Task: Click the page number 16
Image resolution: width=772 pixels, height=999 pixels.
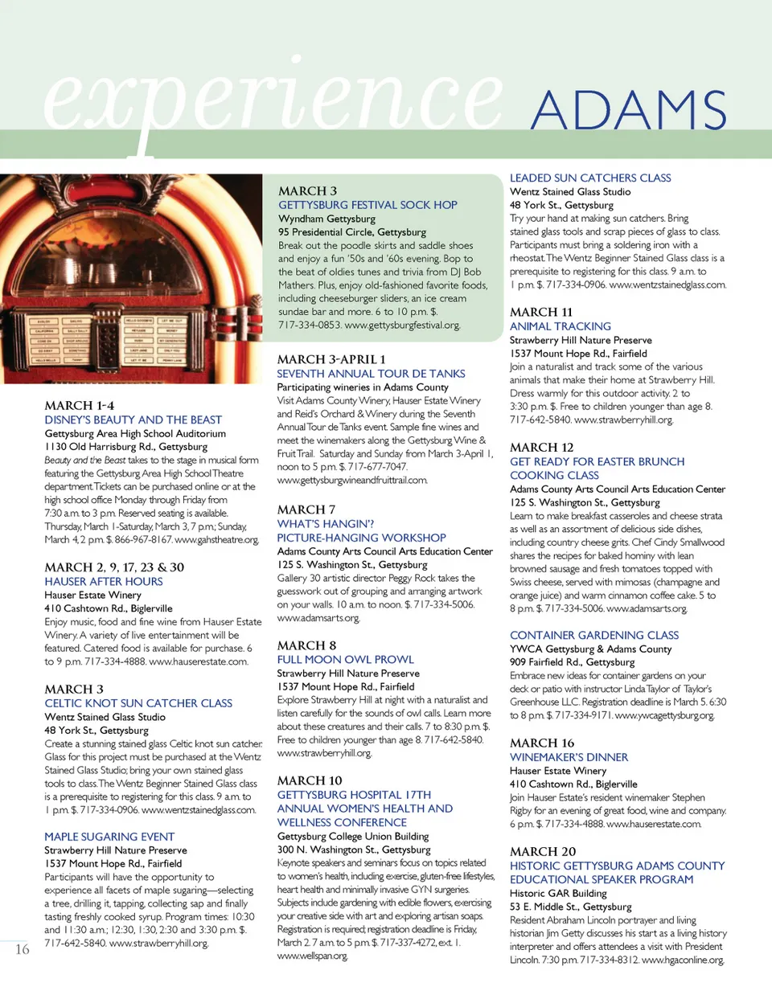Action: click(23, 949)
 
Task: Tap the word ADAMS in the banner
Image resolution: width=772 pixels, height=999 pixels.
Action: click(629, 110)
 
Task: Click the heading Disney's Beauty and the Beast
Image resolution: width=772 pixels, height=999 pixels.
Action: click(133, 420)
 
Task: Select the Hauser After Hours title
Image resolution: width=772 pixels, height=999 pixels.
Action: click(104, 581)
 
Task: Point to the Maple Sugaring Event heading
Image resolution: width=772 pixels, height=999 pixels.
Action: click(109, 837)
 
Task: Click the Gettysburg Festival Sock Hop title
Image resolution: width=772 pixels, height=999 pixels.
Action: click(368, 205)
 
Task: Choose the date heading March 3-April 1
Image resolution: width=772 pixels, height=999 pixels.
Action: click(331, 359)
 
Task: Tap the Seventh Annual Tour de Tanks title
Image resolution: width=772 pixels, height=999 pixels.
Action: click(371, 374)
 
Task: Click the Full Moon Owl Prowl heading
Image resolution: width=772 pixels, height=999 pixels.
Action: click(345, 659)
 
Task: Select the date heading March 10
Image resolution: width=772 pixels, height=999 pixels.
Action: click(310, 780)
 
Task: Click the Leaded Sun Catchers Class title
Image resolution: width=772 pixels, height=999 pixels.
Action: click(590, 178)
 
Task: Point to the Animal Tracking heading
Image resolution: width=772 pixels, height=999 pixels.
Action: click(561, 326)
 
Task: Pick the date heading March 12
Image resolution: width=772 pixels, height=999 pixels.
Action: click(541, 447)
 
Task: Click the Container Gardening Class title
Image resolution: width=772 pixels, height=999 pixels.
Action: click(594, 635)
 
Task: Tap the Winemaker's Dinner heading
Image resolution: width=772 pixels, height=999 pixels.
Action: click(569, 757)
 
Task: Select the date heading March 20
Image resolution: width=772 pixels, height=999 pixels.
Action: click(543, 851)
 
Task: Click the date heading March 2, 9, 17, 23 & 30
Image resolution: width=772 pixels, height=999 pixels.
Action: click(114, 567)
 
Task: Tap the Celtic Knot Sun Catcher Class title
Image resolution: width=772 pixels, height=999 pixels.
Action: click(138, 703)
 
